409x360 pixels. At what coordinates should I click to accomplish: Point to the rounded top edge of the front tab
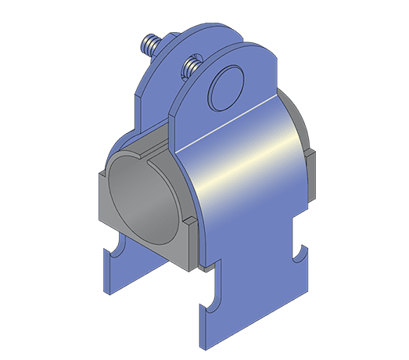[x=235, y=51]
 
